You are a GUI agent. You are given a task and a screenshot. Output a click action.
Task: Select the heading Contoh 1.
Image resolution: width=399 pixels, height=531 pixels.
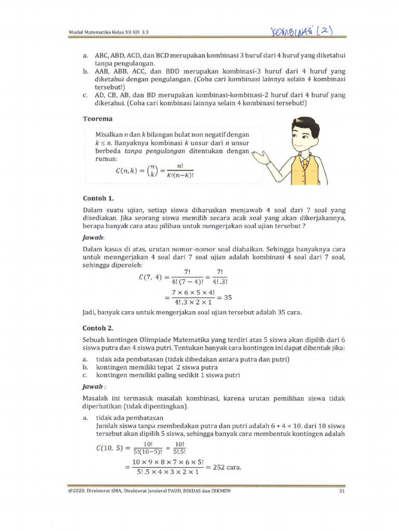tap(98, 198)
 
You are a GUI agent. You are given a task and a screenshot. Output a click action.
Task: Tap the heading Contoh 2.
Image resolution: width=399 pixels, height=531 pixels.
tap(98, 328)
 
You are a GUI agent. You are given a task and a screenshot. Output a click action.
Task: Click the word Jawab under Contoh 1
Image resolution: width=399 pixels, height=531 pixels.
tap(94, 236)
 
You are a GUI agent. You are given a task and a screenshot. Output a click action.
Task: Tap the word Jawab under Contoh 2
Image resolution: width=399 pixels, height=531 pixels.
tap(94, 386)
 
